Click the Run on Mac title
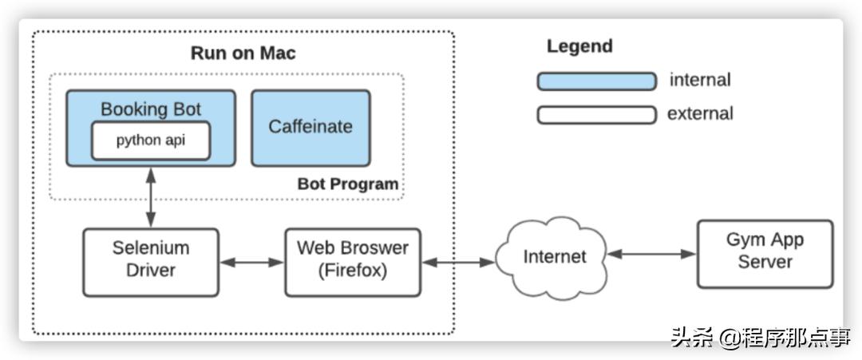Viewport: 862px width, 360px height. [x=243, y=53]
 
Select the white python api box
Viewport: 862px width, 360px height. [x=151, y=140]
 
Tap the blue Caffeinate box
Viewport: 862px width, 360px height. [x=310, y=127]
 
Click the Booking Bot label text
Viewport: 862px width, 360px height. [x=151, y=109]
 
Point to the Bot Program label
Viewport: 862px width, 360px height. [x=347, y=184]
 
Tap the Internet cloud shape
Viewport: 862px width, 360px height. [x=554, y=256]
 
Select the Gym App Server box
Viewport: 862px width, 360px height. [x=765, y=252]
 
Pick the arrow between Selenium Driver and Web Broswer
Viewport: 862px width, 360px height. [x=251, y=261]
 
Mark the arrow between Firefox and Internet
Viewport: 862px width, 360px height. [x=457, y=261]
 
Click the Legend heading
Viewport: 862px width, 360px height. [x=579, y=46]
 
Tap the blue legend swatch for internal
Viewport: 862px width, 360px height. [x=596, y=81]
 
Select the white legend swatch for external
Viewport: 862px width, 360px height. [x=596, y=114]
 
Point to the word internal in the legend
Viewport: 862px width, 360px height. [x=700, y=80]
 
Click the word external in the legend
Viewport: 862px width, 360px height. [x=700, y=113]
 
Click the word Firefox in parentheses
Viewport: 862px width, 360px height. [x=352, y=271]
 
